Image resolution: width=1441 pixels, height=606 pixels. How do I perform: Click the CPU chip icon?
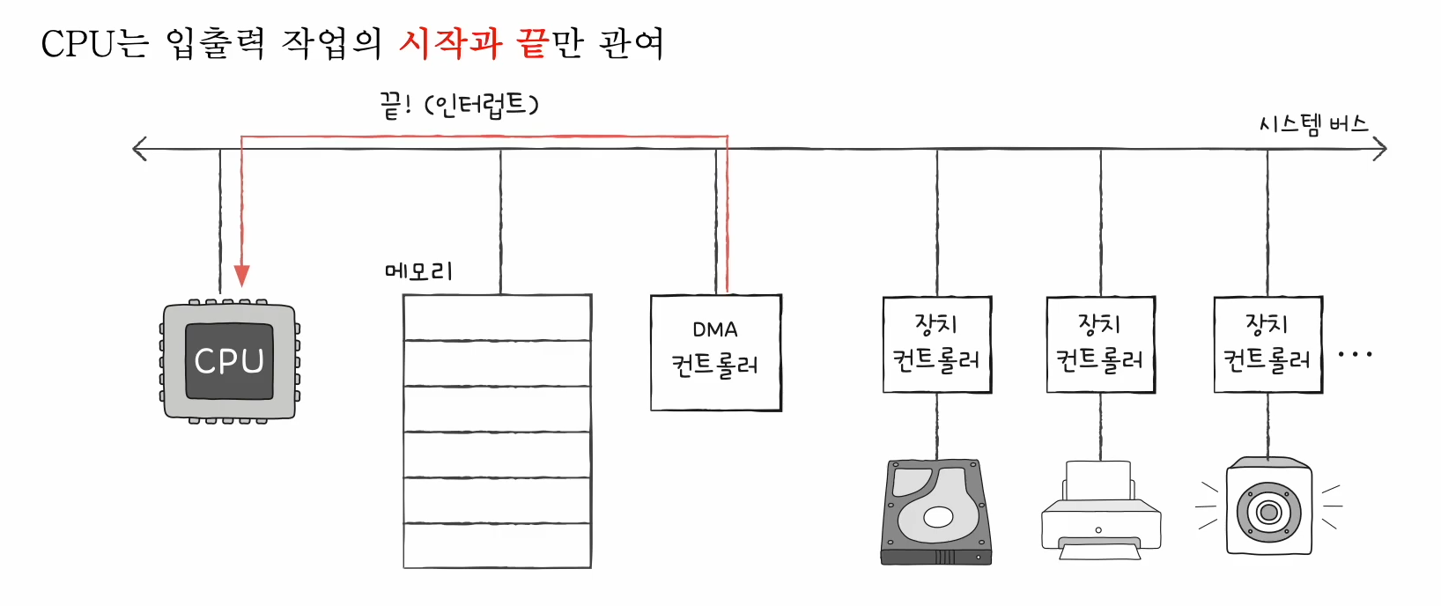[x=229, y=361]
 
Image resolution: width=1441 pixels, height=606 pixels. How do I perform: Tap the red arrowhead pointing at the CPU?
[x=241, y=276]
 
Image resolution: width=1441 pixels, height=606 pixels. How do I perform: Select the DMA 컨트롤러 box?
[x=715, y=352]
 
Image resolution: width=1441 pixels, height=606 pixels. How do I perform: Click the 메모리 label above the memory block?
[x=419, y=270]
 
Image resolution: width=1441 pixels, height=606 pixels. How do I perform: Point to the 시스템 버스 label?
[x=1313, y=124]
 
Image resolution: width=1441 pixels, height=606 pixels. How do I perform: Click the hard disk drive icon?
[x=936, y=511]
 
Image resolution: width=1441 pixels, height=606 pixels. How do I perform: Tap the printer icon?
[x=1100, y=511]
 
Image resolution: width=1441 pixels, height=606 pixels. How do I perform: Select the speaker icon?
[x=1268, y=507]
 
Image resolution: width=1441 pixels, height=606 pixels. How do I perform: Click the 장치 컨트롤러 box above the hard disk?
[x=937, y=344]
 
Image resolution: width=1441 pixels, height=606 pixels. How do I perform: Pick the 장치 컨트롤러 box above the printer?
[x=1100, y=344]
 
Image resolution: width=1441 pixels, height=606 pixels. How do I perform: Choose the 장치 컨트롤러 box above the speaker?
[x=1267, y=344]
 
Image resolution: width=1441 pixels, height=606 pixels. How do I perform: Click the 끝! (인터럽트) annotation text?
[x=459, y=106]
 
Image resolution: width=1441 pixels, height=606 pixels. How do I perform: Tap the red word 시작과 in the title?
[x=450, y=43]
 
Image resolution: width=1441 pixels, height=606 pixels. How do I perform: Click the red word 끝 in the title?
[x=532, y=43]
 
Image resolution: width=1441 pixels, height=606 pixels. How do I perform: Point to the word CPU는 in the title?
[x=95, y=43]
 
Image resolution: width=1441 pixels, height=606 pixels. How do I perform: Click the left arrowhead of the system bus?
[x=138, y=149]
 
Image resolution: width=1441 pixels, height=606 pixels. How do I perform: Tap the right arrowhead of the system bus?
[x=1380, y=149]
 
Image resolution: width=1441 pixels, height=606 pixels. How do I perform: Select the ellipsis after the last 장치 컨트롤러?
[x=1355, y=355]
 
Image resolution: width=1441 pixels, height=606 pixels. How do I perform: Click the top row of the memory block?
[x=497, y=317]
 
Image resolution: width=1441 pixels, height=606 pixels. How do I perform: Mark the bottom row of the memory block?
[x=497, y=545]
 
